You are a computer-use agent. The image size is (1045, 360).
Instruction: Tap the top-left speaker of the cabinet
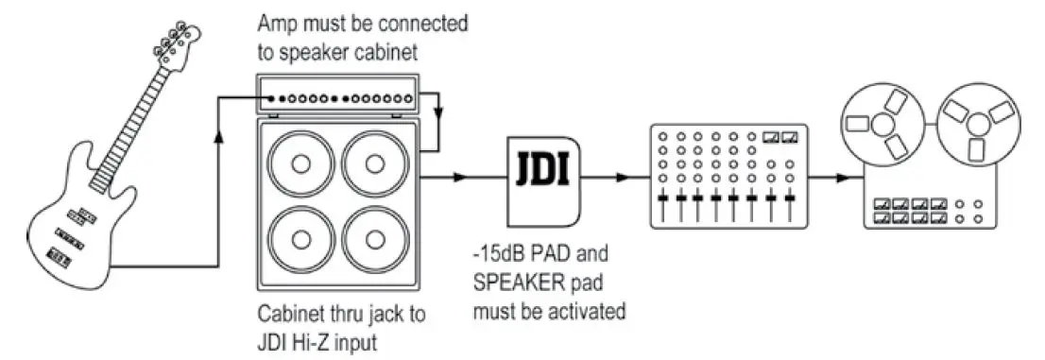point(300,163)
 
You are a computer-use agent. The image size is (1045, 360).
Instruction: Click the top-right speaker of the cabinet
point(377,163)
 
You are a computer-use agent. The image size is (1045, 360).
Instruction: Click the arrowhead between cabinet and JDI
point(460,177)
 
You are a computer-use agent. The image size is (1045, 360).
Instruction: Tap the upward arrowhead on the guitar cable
point(219,137)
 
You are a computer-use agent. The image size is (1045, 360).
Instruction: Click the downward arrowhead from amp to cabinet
point(438,114)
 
